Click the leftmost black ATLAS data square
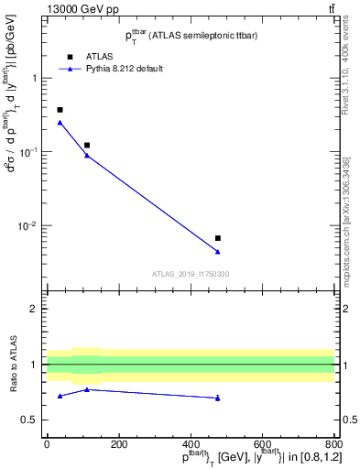point(60,110)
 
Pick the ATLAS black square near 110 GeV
point(87,145)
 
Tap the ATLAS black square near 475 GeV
point(217,238)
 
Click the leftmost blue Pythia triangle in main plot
point(60,122)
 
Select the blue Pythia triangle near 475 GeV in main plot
point(217,251)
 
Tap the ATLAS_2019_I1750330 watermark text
point(191,274)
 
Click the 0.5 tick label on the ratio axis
point(31,420)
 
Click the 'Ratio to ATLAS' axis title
point(13,364)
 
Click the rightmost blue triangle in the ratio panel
point(217,398)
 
